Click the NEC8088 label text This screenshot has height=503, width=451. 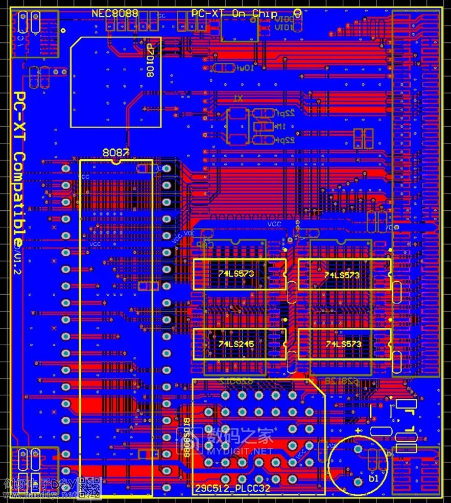[114, 13]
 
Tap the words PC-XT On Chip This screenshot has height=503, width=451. [234, 13]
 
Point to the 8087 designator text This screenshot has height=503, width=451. [116, 152]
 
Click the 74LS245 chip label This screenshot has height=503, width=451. [236, 344]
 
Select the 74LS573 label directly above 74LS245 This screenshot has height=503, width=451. [236, 274]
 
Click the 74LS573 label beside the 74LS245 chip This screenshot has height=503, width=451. [343, 344]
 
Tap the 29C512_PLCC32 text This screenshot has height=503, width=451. [233, 489]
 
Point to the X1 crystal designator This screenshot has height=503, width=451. [238, 98]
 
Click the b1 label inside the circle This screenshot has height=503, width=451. [373, 478]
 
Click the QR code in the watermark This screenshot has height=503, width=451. [90, 488]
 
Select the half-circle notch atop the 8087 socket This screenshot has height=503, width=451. [116, 162]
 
